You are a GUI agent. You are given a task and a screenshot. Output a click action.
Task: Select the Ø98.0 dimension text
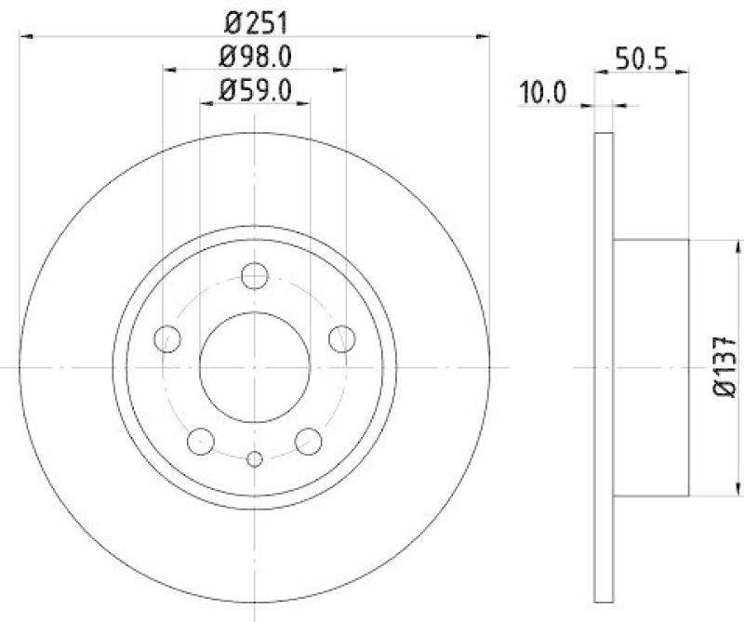tap(255, 56)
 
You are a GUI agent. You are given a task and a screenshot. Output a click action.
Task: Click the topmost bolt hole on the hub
tap(254, 276)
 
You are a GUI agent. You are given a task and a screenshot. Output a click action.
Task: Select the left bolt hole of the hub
tap(167, 338)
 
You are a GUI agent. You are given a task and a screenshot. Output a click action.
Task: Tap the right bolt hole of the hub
tap(341, 338)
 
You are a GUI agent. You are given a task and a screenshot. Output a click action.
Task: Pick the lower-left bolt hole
tap(200, 441)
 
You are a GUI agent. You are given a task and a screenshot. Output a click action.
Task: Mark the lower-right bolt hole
tap(308, 441)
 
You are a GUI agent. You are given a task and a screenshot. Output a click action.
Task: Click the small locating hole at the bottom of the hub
tap(254, 457)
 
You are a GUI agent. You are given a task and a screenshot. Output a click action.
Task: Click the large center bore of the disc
tap(254, 366)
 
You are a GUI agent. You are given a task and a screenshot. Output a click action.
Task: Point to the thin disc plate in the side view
tap(604, 186)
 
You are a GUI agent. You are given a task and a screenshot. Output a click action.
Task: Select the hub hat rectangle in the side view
tap(651, 367)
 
